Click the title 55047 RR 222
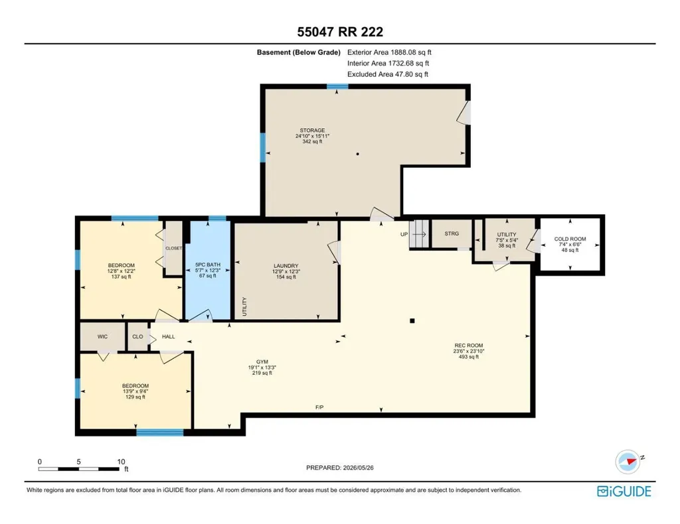click(340, 32)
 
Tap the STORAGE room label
click(312, 131)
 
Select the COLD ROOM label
click(570, 239)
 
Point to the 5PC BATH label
click(208, 265)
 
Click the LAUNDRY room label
click(286, 266)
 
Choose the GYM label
click(262, 362)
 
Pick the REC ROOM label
click(468, 346)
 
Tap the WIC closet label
click(102, 336)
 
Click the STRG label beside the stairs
click(452, 233)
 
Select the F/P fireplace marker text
click(319, 407)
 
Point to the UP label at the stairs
click(404, 234)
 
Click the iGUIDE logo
click(624, 491)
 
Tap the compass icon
click(628, 462)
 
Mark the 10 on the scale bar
click(121, 462)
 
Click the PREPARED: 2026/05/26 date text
click(339, 468)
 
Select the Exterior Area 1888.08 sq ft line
click(389, 52)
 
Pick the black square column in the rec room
click(412, 321)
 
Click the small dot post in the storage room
click(357, 154)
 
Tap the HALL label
click(168, 336)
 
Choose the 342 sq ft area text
click(312, 141)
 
